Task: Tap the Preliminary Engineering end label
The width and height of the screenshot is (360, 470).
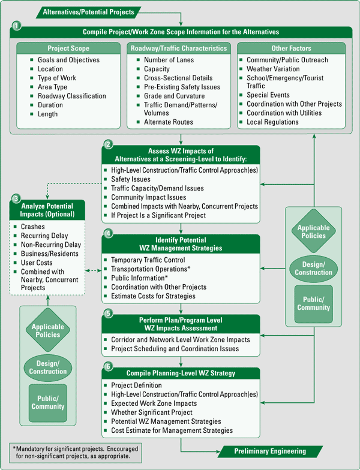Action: pos(271,451)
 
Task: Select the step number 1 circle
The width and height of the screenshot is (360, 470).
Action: pos(16,26)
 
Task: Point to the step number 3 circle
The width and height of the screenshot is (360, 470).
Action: pos(16,198)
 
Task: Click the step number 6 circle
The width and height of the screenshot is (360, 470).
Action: pos(108,366)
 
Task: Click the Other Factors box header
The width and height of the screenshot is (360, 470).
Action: pos(291,48)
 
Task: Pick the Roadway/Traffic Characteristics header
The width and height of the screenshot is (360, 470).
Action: pos(179,48)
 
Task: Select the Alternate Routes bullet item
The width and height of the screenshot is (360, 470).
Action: pos(169,122)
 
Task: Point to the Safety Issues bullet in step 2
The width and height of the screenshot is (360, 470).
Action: pos(131,179)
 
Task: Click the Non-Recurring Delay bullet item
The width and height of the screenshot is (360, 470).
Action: pos(50,245)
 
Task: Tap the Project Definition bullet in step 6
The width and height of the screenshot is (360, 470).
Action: pos(136,385)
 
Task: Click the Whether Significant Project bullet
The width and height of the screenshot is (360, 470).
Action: pos(152,412)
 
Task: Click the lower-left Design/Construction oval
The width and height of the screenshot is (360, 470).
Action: pos(48,367)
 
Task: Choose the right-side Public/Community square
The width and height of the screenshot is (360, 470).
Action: pos(313,303)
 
